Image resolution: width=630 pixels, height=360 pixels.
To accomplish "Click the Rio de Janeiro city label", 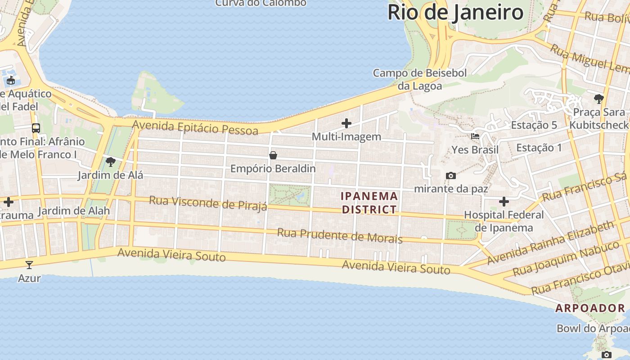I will click(455, 12).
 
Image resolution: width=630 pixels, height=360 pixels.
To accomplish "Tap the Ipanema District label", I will click(369, 202).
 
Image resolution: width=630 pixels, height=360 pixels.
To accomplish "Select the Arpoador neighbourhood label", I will click(590, 308).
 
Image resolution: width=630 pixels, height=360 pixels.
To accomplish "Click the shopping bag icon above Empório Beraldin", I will click(273, 156).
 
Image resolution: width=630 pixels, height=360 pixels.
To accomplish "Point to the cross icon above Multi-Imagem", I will click(346, 123).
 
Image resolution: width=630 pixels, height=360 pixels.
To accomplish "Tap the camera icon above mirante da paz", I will click(450, 175).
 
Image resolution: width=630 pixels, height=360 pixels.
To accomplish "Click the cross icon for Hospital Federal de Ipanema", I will click(504, 201).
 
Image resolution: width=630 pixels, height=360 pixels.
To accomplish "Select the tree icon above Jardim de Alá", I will click(110, 162).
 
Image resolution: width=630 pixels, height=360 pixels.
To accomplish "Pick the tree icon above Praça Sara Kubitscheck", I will click(598, 99).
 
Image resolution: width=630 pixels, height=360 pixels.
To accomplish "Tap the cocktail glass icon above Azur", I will click(29, 265).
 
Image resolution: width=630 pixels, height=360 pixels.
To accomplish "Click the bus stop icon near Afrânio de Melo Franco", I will click(36, 128).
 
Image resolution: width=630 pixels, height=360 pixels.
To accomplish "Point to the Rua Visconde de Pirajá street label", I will click(208, 203).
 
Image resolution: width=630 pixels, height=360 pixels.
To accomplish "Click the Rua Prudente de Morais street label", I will click(340, 235).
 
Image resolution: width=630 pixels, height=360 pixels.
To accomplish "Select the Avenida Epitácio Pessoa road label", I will click(195, 128).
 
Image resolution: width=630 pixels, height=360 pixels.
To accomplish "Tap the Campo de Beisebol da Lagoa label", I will click(419, 79).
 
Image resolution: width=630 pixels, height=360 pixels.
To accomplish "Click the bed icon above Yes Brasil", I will click(475, 136).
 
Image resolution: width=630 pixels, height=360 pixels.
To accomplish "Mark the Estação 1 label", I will click(539, 148).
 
